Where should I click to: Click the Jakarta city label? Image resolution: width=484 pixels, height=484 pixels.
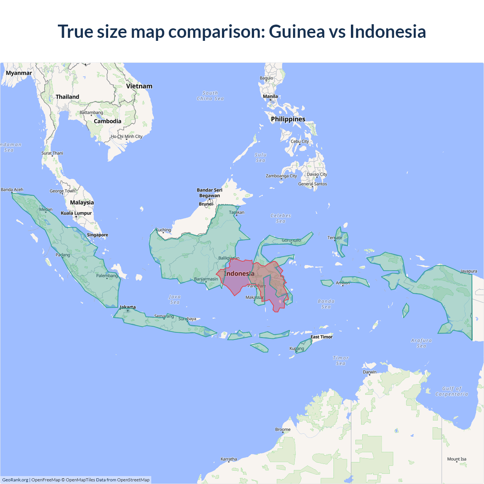point(127,307)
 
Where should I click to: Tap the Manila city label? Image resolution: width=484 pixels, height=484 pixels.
point(270,96)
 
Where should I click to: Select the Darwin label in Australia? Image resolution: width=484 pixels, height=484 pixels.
point(369,372)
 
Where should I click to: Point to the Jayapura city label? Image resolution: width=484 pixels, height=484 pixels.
point(468,271)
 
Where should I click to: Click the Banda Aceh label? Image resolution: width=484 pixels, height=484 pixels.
point(12,189)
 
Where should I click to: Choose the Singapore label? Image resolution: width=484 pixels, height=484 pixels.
point(98,235)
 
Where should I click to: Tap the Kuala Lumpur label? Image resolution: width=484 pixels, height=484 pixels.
point(76,213)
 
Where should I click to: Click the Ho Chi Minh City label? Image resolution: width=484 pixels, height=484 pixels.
point(127,137)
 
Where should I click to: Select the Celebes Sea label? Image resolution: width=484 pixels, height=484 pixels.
point(281,218)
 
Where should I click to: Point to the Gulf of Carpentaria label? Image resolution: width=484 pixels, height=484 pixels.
point(451,391)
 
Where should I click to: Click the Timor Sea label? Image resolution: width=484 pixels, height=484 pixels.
point(341,360)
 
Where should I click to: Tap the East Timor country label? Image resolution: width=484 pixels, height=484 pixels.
point(321,337)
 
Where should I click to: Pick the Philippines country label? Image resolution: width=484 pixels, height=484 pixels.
point(288,119)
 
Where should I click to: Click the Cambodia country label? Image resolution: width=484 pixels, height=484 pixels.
point(107,121)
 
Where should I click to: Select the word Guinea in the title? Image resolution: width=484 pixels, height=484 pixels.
point(297,31)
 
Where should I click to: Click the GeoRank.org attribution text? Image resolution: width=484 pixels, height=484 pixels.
point(15,480)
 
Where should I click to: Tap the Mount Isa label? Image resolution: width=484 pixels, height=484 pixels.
point(457,459)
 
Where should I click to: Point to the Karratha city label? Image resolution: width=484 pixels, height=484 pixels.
point(229,459)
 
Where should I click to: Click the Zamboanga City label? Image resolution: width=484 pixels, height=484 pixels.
point(281,176)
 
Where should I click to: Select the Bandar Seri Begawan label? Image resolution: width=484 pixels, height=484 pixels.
point(209,193)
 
